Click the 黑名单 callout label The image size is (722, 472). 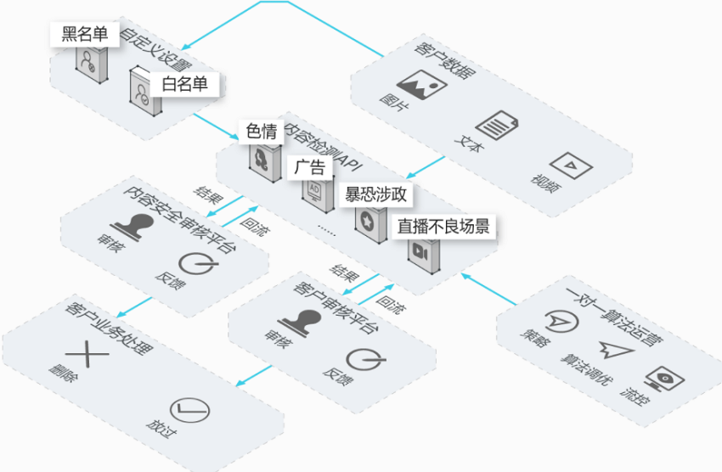(x=85, y=34)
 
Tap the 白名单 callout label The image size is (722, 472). (x=184, y=84)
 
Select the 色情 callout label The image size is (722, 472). (x=261, y=132)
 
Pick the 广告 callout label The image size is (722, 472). (x=310, y=167)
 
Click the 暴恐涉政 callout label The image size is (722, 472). (x=375, y=194)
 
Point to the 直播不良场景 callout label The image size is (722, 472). (x=443, y=227)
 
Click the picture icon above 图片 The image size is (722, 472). (x=422, y=85)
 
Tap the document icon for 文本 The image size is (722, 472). (x=496, y=125)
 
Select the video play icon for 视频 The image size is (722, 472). (x=571, y=166)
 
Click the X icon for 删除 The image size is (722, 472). (x=87, y=354)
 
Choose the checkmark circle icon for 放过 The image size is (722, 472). (x=189, y=410)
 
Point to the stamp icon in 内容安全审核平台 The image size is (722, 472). (x=133, y=227)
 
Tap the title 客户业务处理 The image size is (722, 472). (x=109, y=329)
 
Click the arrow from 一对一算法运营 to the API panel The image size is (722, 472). (x=488, y=289)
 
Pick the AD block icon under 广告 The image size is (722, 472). (x=318, y=195)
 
